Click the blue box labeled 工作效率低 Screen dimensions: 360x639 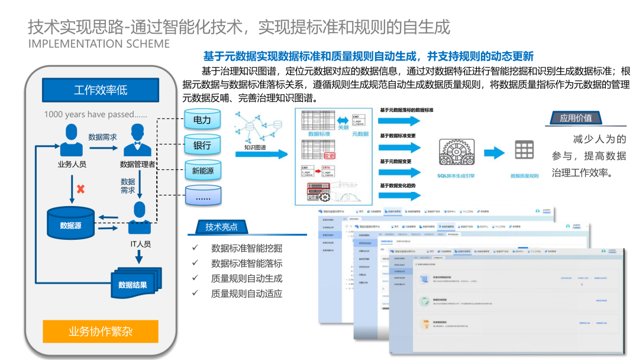click(101, 90)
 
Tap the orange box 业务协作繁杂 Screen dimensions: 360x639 click(101, 331)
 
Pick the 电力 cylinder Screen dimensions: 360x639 click(202, 120)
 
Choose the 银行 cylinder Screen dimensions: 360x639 click(202, 145)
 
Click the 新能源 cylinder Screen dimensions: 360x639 click(202, 171)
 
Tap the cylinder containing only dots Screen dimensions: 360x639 click(202, 197)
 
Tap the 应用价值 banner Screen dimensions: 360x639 click(576, 118)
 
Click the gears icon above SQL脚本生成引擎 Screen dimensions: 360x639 click(456, 152)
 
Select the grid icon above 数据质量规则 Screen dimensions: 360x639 click(524, 151)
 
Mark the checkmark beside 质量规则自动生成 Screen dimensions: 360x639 click(195, 278)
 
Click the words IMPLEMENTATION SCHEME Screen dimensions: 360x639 click(99, 44)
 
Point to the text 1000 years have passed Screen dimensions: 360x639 click(95, 114)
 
